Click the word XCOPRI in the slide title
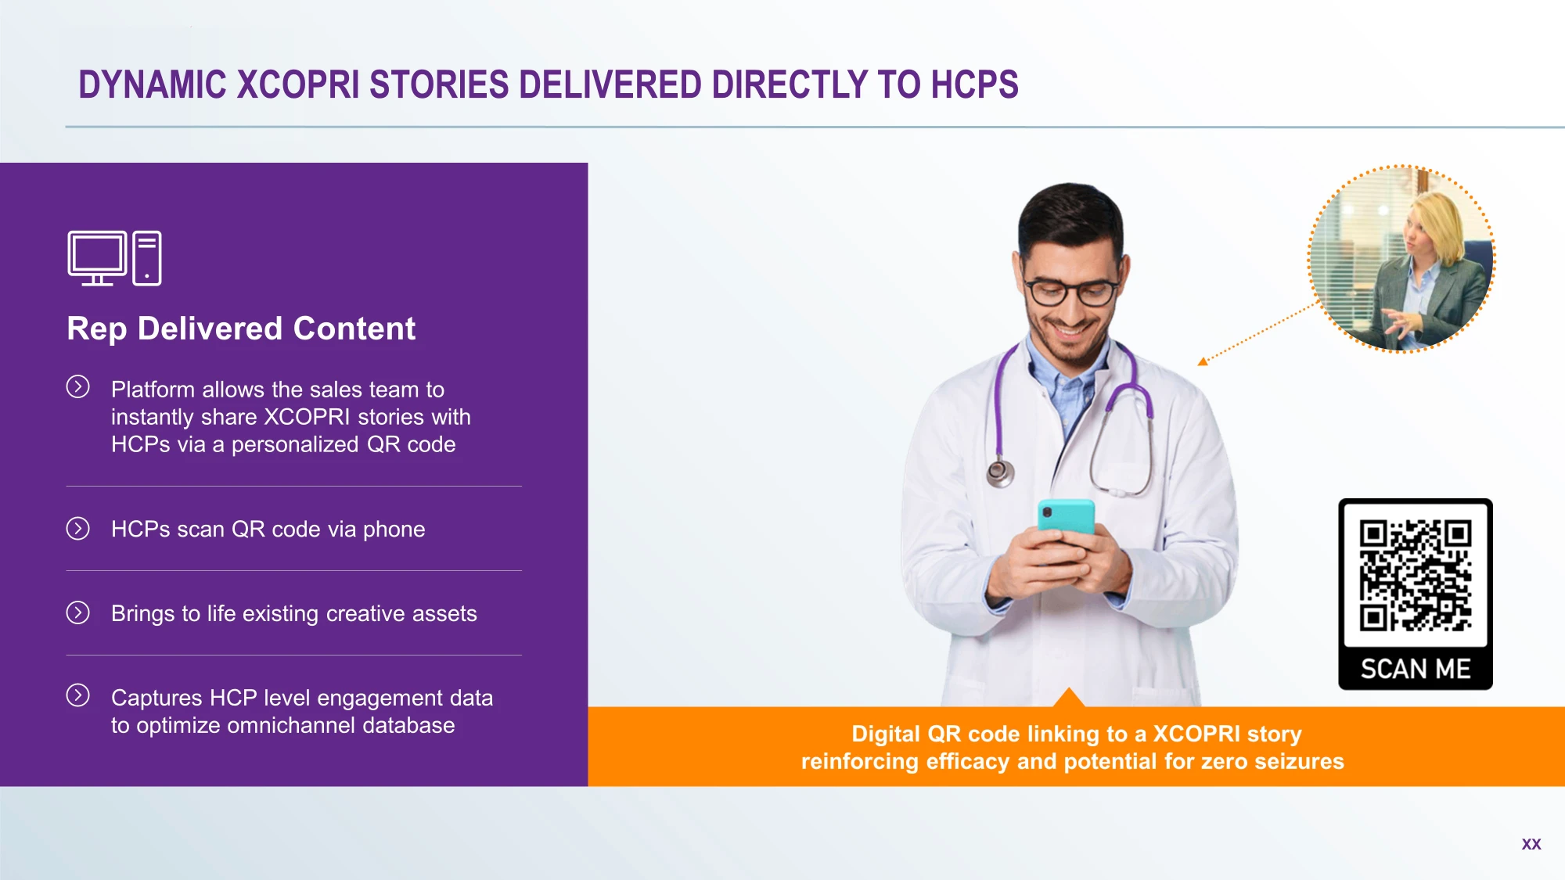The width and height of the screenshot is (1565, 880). [x=298, y=84]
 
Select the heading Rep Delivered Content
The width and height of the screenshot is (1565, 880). [x=241, y=329]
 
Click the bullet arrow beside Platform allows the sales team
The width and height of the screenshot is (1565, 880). [x=78, y=386]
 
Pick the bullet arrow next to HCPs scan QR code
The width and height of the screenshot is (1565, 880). [x=78, y=529]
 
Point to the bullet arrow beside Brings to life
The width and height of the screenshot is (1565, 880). [x=78, y=612]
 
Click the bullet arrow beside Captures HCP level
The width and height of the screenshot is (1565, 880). [x=78, y=695]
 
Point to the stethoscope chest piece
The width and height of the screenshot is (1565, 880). [x=999, y=472]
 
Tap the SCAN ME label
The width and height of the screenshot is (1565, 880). [x=1416, y=669]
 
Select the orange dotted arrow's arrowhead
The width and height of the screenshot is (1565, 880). [x=1203, y=361]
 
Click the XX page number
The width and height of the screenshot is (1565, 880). [x=1531, y=844]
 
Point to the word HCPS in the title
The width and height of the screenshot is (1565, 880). [x=974, y=84]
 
